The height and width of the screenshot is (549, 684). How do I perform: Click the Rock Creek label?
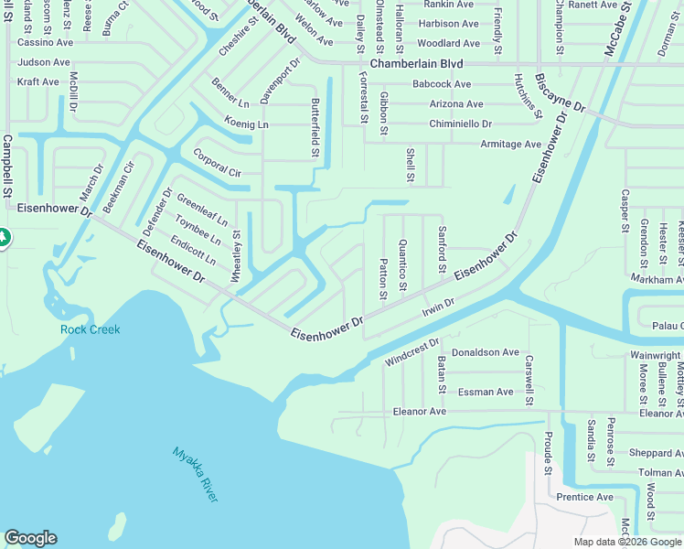click(x=91, y=329)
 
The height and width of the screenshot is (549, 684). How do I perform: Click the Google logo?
click(x=30, y=538)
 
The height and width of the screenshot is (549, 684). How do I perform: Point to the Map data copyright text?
click(x=628, y=542)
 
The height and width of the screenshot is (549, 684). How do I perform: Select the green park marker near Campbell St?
click(x=3, y=237)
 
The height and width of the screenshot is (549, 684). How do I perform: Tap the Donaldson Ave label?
click(x=486, y=352)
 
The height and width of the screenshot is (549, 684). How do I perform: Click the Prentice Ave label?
click(x=585, y=497)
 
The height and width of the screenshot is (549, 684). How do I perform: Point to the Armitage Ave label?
click(x=510, y=144)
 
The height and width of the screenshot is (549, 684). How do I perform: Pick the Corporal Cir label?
click(x=217, y=162)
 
